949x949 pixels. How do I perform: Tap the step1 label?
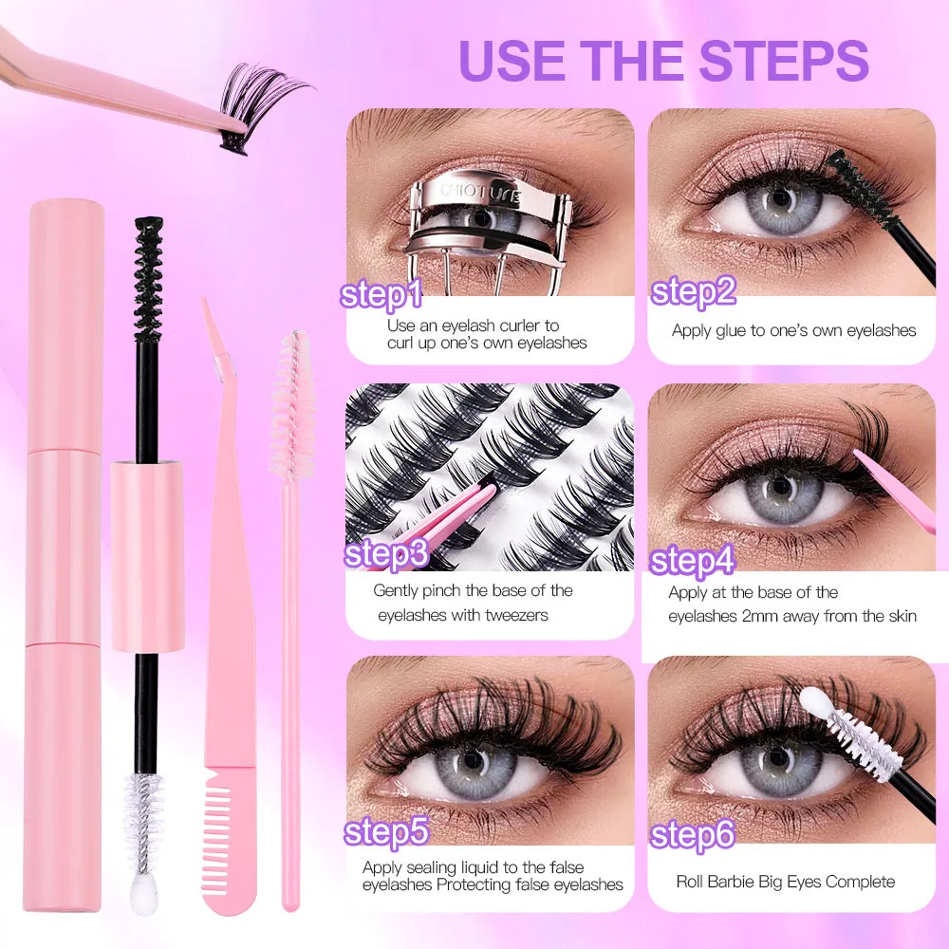tap(382, 294)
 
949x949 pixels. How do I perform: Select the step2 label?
tap(694, 291)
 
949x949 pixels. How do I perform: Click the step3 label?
tap(386, 553)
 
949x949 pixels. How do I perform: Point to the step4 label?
tap(693, 560)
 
